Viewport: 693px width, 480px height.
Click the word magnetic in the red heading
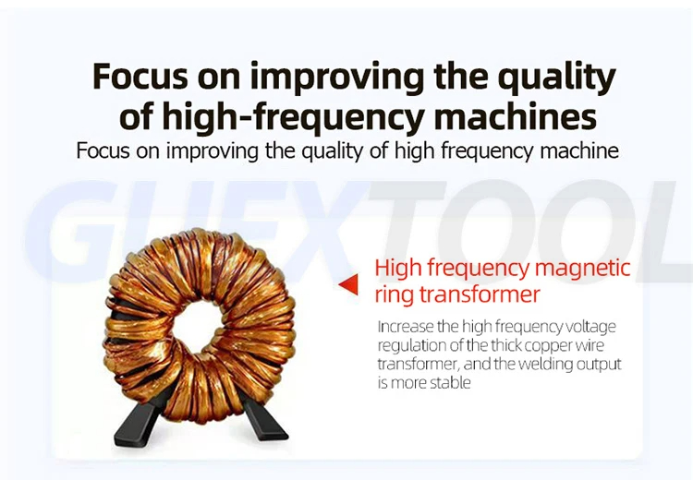click(x=585, y=270)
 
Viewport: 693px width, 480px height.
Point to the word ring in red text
click(x=394, y=295)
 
